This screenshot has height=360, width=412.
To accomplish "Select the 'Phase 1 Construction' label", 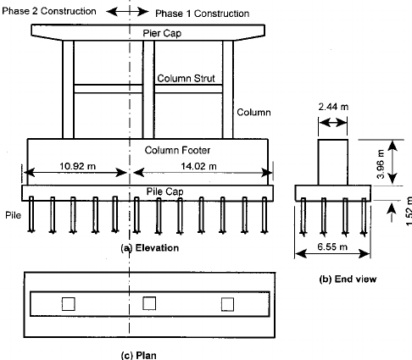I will coord(203,14).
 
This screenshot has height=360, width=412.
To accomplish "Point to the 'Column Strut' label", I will coord(185,78).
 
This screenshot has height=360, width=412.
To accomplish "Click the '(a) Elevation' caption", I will coord(150,247).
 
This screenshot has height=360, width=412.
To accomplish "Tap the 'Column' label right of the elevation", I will coord(253,111).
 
